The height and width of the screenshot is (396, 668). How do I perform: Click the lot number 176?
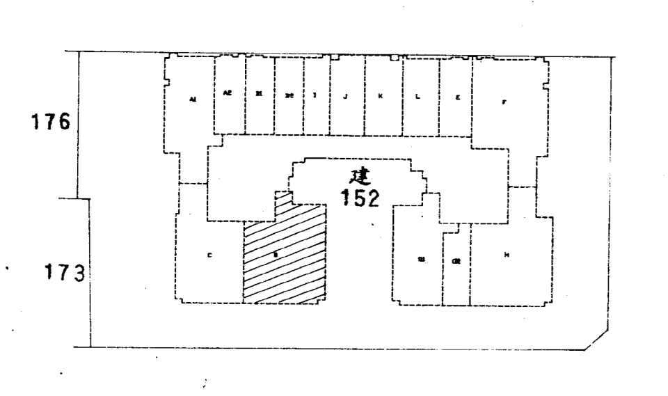[x=54, y=122]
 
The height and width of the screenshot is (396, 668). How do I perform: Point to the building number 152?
[x=360, y=198]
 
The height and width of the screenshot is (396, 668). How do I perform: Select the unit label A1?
[x=193, y=100]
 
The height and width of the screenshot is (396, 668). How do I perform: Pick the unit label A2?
[x=228, y=93]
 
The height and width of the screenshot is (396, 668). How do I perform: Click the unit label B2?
[x=289, y=95]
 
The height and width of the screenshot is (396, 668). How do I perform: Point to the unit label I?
[x=316, y=95]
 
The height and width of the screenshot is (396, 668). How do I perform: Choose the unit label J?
[x=346, y=95]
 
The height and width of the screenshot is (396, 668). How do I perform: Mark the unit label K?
[x=380, y=95]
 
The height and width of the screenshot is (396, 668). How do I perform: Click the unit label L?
[x=417, y=95]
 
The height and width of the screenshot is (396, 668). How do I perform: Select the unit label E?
[x=457, y=97]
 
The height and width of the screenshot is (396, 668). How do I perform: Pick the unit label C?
[x=210, y=255]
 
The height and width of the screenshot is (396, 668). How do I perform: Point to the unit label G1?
[x=421, y=259]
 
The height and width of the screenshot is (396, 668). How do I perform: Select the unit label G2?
[x=456, y=262]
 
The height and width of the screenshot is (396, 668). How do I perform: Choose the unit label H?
[x=507, y=255]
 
